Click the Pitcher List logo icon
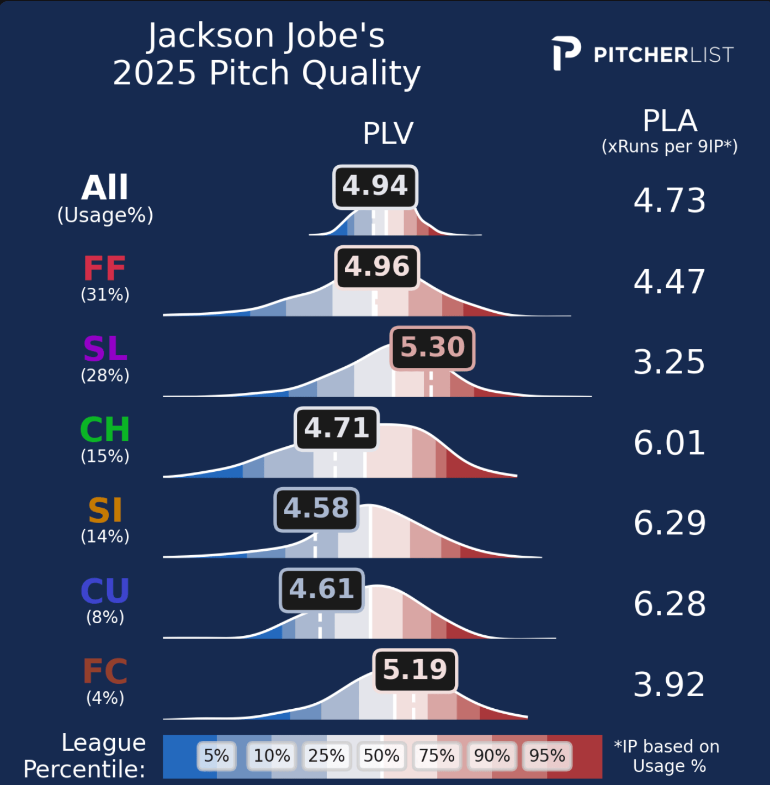click(x=566, y=54)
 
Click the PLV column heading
click(x=388, y=134)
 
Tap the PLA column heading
click(x=670, y=121)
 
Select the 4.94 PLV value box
click(x=375, y=186)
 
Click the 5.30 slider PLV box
click(x=433, y=348)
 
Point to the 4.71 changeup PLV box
click(x=337, y=429)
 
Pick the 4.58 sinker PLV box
click(x=316, y=509)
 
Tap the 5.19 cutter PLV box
click(x=415, y=670)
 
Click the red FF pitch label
click(x=105, y=269)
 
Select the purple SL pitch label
click(x=105, y=349)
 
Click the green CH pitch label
click(x=105, y=430)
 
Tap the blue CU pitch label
click(x=105, y=591)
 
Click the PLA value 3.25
click(x=670, y=362)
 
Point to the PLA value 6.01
click(x=670, y=443)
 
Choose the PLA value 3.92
click(x=670, y=685)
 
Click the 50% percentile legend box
click(x=381, y=756)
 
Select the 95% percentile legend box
click(x=547, y=756)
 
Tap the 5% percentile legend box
click(x=216, y=756)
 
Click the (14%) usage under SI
click(x=105, y=536)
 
